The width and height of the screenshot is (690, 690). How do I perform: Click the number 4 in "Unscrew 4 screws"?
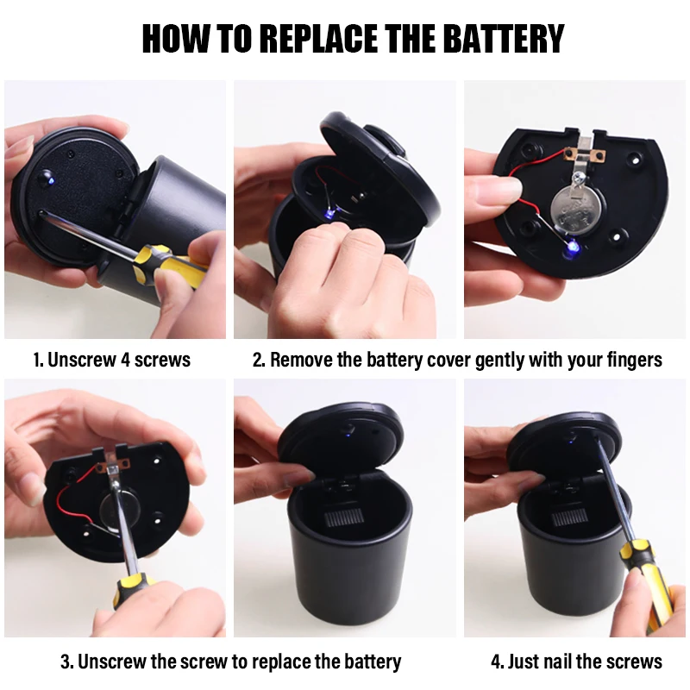(124, 360)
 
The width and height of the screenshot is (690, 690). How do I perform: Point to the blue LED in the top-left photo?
(50, 179)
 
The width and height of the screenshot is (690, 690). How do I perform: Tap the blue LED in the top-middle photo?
(328, 213)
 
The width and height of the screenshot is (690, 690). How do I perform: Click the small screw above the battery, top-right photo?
(576, 178)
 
